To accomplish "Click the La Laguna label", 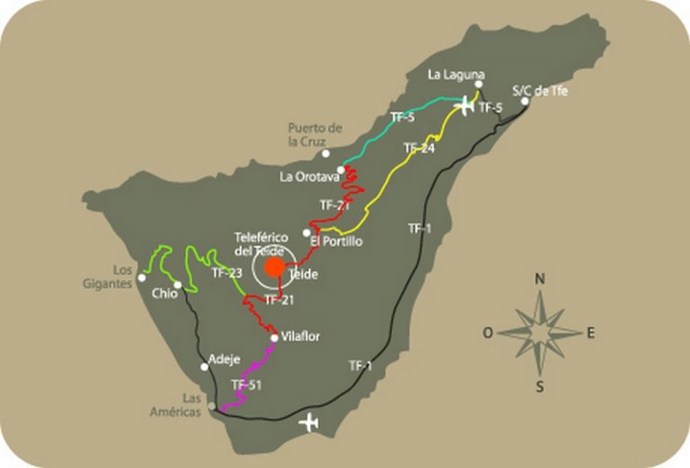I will tap(457, 74).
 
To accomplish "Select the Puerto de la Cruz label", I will tap(315, 134).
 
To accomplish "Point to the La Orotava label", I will tap(306, 177).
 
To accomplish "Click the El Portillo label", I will tap(334, 241).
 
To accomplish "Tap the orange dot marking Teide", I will tap(276, 267).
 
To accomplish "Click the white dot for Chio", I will tap(178, 285).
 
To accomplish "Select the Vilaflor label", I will tap(300, 337).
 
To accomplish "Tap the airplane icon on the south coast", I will tap(310, 420).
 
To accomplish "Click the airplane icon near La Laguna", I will tap(464, 106).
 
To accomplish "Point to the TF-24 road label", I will tap(419, 148).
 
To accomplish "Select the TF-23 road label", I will tap(226, 272).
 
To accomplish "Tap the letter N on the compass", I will tap(540, 278).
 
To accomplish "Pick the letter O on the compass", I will tap(488, 332).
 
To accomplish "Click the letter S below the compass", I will tap(540, 387).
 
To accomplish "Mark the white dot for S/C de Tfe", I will tap(525, 101).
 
